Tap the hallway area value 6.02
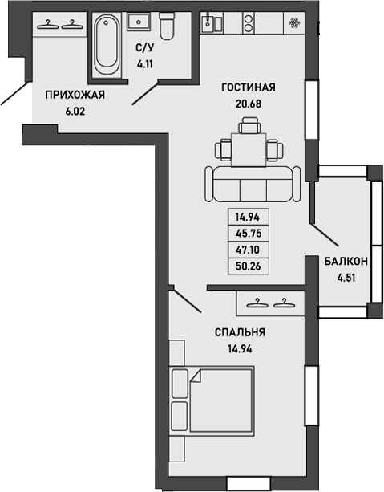(x=75, y=112)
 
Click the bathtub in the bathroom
(x=105, y=47)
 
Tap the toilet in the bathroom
(x=167, y=26)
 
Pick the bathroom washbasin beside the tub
(x=134, y=21)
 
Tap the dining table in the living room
(x=249, y=148)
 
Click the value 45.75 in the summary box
(x=249, y=234)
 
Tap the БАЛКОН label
(x=346, y=261)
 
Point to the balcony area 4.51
(x=346, y=279)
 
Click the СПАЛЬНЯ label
(x=239, y=332)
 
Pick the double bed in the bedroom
(x=213, y=399)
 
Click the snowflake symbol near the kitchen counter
(x=294, y=23)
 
